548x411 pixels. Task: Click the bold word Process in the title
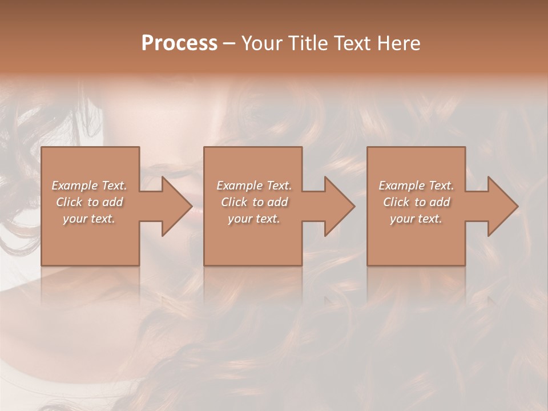click(179, 43)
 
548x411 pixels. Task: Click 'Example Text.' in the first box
click(89, 186)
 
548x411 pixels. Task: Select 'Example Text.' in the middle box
click(253, 186)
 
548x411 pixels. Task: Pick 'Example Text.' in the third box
click(416, 186)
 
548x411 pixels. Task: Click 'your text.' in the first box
click(89, 219)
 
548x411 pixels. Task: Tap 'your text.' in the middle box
click(253, 219)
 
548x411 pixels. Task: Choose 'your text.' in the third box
click(416, 219)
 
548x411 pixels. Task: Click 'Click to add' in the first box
click(89, 202)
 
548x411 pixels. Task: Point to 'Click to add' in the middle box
click(253, 202)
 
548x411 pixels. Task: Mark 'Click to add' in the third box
click(416, 202)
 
